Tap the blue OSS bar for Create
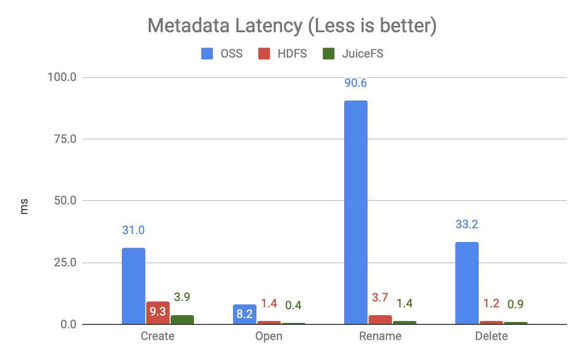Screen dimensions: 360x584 coord(134,286)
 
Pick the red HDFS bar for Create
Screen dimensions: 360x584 coord(158,313)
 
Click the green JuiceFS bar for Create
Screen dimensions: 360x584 coord(182,320)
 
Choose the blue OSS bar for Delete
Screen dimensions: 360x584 coord(467,283)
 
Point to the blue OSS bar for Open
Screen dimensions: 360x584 coord(245,314)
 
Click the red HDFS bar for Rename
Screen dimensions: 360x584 coord(380,320)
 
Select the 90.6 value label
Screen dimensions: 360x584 coord(355,83)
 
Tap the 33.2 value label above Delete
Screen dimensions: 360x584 coord(467,225)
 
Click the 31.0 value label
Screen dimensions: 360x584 coord(134,230)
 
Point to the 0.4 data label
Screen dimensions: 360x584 coord(293,305)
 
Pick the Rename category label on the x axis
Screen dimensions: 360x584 coord(380,337)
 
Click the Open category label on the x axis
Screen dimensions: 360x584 coord(269,337)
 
